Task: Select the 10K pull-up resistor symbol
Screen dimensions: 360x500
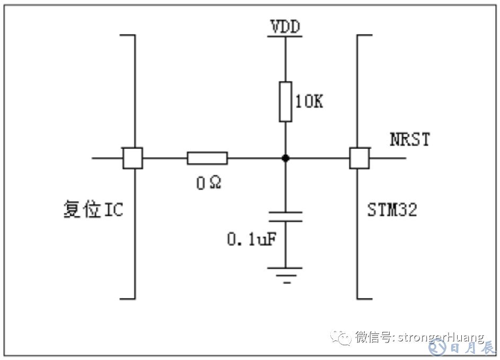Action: [x=286, y=102]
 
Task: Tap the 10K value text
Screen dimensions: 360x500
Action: [x=308, y=102]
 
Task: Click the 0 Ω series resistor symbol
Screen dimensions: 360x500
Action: [x=207, y=158]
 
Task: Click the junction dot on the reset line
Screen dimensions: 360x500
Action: [x=286, y=158]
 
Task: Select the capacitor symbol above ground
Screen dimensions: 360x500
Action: [x=286, y=216]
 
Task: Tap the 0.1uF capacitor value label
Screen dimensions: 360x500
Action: [x=252, y=239]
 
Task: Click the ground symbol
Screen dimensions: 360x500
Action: [x=286, y=274]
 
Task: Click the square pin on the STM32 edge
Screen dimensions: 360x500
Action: [x=359, y=158]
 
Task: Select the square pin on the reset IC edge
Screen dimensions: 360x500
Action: [x=133, y=158]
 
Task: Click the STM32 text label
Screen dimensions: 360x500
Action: [x=392, y=209]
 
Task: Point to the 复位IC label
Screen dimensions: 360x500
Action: [x=93, y=209]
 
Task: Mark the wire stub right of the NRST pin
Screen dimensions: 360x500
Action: [x=388, y=158]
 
